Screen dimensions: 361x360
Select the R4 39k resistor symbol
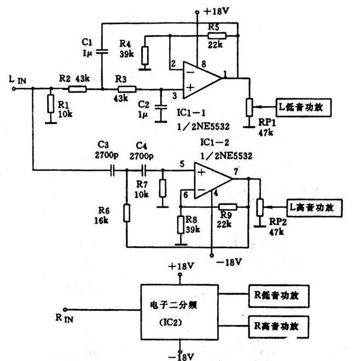tap(145, 55)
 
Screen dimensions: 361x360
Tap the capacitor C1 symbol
tap(101, 52)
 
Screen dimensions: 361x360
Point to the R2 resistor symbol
tap(77, 89)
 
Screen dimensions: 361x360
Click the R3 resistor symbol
tap(127, 89)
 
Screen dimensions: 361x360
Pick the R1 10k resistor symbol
tap(50, 103)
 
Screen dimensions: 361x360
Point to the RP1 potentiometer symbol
tap(249, 106)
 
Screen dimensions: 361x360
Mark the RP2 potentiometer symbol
tap(260, 207)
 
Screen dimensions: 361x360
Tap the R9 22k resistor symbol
tap(227, 207)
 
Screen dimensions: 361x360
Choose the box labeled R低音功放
tap(279, 295)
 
